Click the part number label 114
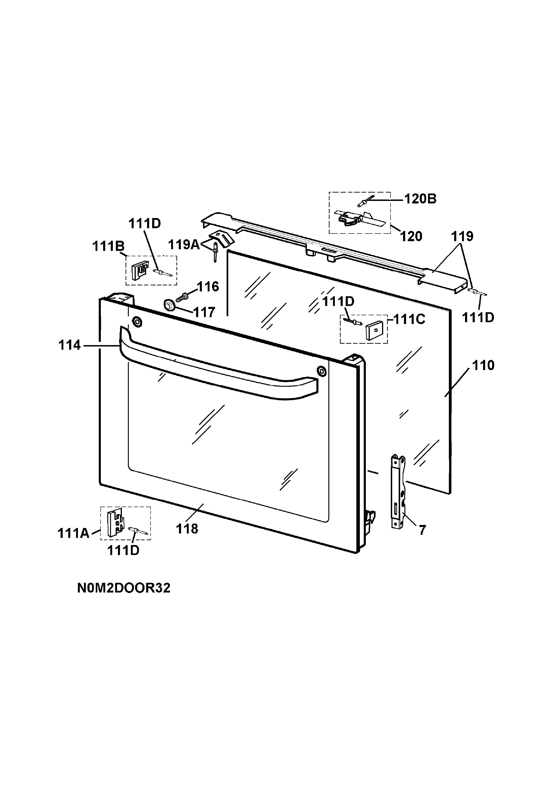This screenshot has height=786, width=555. [x=69, y=345]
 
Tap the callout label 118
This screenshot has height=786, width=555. [x=187, y=529]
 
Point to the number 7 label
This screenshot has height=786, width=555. [x=422, y=530]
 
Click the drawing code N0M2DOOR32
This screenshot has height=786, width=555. [x=124, y=588]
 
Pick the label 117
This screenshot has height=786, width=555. [x=204, y=312]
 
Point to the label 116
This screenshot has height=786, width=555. [x=208, y=286]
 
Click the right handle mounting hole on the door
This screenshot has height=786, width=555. [x=321, y=370]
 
